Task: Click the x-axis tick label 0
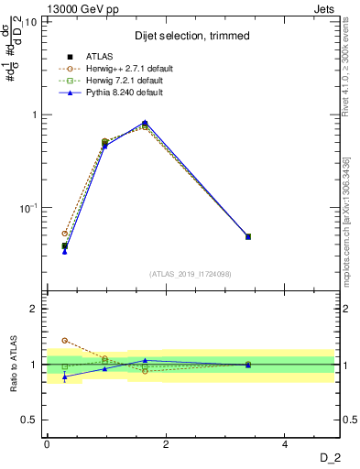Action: (x=47, y=444)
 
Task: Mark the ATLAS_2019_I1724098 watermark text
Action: (x=191, y=273)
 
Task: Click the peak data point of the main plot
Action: (x=145, y=123)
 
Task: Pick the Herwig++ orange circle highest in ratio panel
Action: (x=64, y=341)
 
